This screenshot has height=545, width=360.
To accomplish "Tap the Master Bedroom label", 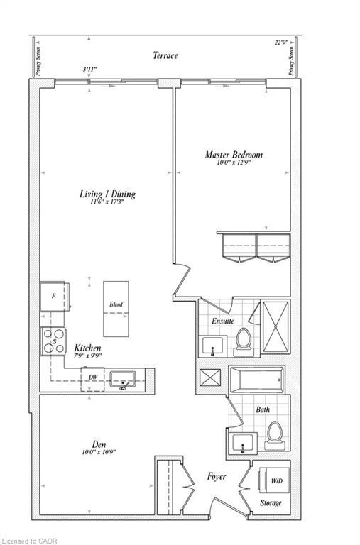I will (234, 155).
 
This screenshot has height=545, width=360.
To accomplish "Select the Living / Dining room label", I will (107, 194).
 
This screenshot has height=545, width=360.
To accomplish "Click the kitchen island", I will (116, 308).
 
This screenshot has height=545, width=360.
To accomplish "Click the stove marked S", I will (53, 341).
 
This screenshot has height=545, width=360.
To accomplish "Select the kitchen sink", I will (125, 379).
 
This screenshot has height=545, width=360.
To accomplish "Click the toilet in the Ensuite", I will (243, 342).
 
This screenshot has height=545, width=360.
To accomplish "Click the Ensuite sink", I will (211, 347).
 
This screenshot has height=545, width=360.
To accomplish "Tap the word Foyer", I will (216, 476).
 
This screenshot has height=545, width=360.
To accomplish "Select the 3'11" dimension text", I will (89, 70).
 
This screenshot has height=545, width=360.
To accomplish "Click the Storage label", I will (270, 503).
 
